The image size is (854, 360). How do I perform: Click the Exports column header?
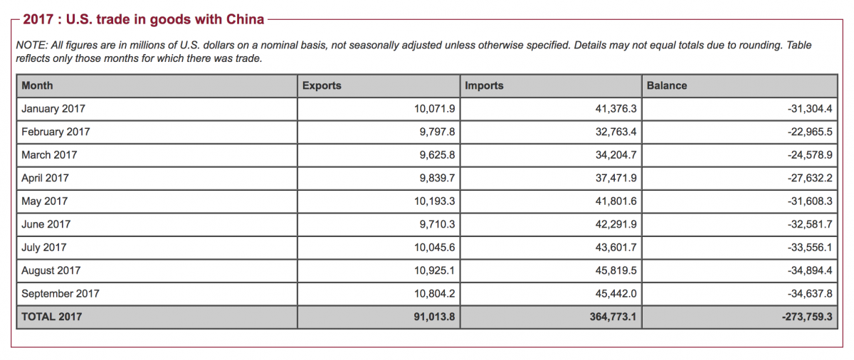coord(322,85)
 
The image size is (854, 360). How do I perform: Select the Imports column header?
coord(484,85)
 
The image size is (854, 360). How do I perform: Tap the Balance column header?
coord(667,85)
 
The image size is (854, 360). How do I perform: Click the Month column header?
coord(37,85)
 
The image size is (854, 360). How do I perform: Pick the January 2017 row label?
coord(53,109)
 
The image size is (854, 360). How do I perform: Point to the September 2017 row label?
coord(60,294)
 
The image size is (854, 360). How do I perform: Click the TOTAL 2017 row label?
coord(51,317)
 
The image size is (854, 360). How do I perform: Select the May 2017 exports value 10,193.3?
coord(434,201)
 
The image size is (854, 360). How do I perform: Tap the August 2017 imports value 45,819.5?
coord(616,270)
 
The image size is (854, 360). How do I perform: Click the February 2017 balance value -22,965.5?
coord(810,132)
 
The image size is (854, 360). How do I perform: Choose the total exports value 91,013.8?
coord(434,317)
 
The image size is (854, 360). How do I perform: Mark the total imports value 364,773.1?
coord(613,317)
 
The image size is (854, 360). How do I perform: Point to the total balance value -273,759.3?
coord(807,317)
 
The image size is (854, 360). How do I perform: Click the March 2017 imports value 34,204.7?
coord(616,155)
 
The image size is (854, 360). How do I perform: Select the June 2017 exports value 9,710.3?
coord(437,224)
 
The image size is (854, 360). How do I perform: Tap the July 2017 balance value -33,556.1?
coord(810,248)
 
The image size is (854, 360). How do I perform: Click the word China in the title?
coord(245,19)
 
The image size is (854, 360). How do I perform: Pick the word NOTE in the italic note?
coord(31,46)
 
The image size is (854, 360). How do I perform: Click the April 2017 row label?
coord(45,178)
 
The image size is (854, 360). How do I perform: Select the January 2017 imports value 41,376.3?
coord(616,109)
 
